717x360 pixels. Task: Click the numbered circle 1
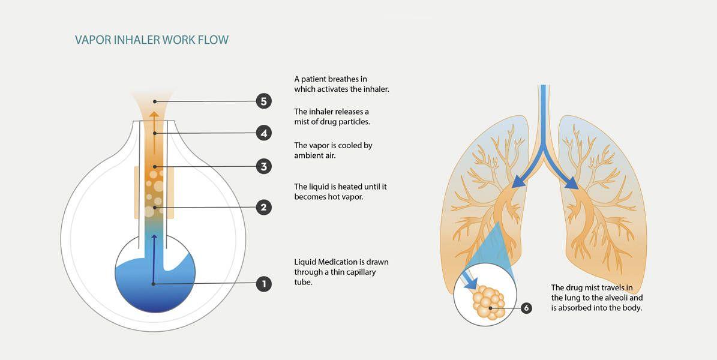(263, 283)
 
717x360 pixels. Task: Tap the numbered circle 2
(263, 208)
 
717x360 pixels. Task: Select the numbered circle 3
(263, 166)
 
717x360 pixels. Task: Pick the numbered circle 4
(263, 133)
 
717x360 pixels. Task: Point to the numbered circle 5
(263, 101)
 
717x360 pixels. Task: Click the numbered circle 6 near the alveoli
(526, 308)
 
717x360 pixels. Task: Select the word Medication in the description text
(338, 262)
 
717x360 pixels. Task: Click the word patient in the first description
(315, 79)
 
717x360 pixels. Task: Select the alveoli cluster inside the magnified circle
(487, 303)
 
